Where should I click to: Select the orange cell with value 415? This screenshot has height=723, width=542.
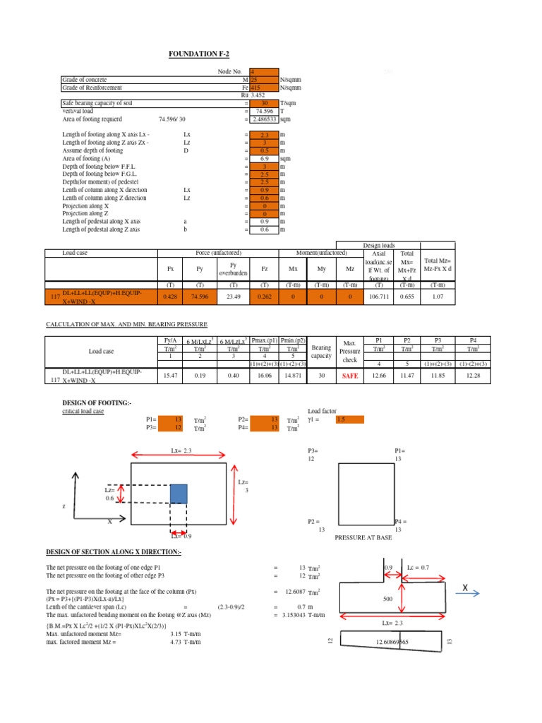[264, 88]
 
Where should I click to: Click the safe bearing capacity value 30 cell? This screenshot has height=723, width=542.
[264, 103]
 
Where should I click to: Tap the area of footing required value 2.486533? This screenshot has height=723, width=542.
[264, 119]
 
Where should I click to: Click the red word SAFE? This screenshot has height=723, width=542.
[350, 376]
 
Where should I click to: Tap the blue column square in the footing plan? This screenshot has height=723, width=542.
[179, 494]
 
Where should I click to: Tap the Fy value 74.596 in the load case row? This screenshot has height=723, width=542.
[199, 297]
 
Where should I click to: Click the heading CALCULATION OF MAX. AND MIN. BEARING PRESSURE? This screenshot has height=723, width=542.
[127, 324]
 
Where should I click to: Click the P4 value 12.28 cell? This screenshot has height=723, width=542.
[472, 376]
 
